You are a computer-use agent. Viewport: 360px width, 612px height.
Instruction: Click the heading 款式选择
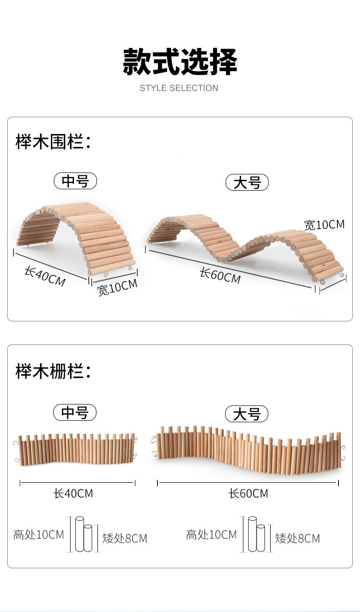(180, 61)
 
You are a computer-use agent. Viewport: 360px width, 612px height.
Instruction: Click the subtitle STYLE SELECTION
(179, 88)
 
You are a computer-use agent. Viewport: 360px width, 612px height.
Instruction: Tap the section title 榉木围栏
(53, 142)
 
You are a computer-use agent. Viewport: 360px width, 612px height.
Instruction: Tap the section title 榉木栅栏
(53, 371)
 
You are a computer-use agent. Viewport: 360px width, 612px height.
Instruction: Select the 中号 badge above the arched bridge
(75, 181)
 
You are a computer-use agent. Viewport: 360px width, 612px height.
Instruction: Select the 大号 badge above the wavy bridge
(247, 183)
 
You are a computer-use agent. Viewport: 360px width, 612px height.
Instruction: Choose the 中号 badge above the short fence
(75, 413)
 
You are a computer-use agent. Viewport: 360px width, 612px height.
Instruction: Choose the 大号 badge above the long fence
(247, 414)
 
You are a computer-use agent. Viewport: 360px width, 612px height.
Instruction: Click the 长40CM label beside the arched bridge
(45, 277)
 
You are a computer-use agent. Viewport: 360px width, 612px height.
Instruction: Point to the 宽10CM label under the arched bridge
(117, 287)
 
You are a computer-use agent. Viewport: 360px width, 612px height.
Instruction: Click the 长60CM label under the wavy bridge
(220, 276)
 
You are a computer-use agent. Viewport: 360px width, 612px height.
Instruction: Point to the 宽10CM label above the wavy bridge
(324, 224)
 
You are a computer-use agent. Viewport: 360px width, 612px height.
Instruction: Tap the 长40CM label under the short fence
(73, 493)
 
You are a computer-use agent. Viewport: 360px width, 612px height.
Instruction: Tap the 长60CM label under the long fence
(248, 493)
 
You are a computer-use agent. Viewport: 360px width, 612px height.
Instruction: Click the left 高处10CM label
(38, 535)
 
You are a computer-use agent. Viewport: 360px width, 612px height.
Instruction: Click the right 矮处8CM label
(297, 539)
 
